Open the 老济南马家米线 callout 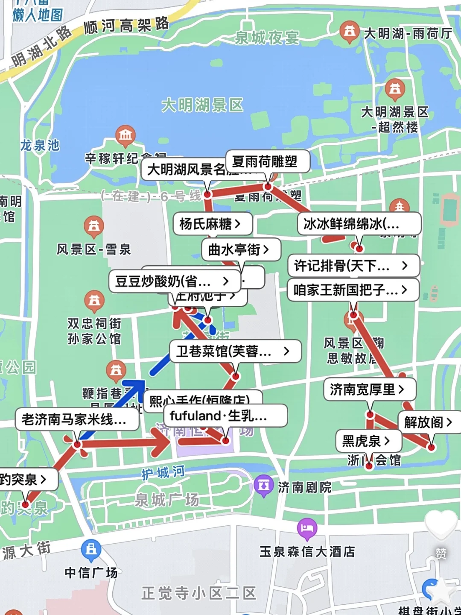click(77, 419)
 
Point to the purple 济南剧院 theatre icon click(263, 485)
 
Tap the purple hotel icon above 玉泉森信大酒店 click(307, 528)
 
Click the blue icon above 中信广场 click(91, 549)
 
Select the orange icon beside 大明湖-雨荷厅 click(349, 31)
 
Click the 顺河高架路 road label click(126, 26)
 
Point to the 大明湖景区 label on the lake click(202, 105)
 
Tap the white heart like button click(441, 525)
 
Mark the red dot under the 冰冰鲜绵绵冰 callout click(359, 248)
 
